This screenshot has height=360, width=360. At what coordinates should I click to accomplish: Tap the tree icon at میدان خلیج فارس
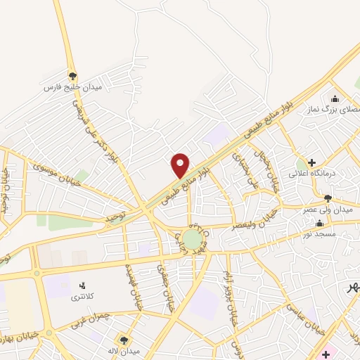point(72,76)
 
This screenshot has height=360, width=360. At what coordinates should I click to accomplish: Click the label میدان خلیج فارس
point(73,87)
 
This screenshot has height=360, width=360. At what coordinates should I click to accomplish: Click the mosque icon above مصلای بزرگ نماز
point(335,99)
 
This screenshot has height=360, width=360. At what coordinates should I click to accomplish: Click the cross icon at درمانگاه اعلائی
point(311,162)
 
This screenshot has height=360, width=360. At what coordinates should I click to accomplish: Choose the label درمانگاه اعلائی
point(313,173)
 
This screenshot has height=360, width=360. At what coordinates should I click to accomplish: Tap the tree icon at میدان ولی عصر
point(328,198)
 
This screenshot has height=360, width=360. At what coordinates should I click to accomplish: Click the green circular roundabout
point(191,239)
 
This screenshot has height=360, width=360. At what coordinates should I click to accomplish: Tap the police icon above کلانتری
point(83,285)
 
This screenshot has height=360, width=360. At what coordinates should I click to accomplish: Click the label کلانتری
point(84,297)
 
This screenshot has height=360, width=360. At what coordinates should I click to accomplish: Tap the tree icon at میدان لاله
point(124,340)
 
